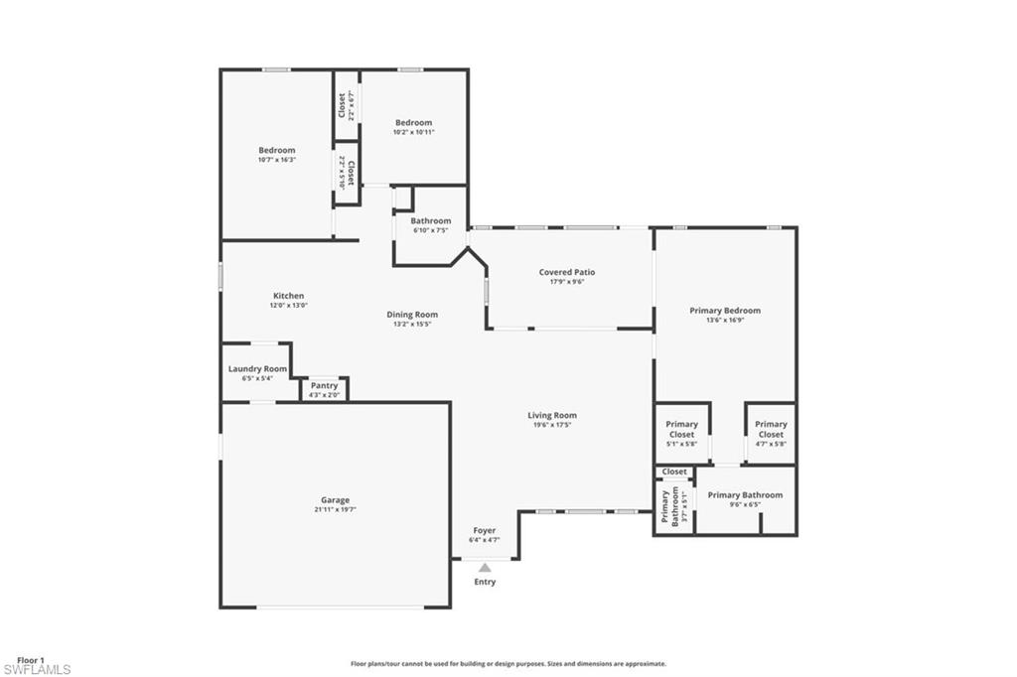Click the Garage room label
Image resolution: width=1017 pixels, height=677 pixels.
[335, 500]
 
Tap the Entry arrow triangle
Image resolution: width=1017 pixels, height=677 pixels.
[485, 568]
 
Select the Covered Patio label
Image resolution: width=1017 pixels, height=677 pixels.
[567, 272]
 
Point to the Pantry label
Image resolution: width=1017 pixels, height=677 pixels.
[324, 386]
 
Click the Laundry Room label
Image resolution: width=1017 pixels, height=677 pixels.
[257, 368]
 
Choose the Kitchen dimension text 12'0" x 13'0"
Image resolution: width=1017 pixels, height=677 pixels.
[288, 306]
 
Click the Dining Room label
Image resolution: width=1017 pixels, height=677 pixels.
[412, 315]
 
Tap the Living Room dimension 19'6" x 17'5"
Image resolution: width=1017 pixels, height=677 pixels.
[552, 425]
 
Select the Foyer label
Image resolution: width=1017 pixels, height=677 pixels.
[484, 531]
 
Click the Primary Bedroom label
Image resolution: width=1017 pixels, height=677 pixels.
[725, 311]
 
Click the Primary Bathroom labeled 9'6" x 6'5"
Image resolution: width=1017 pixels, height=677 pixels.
[745, 495]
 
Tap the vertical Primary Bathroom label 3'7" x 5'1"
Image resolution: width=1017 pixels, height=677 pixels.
[670, 506]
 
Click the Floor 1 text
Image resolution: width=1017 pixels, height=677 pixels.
[30, 659]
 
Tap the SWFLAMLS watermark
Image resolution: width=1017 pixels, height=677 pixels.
[36, 670]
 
